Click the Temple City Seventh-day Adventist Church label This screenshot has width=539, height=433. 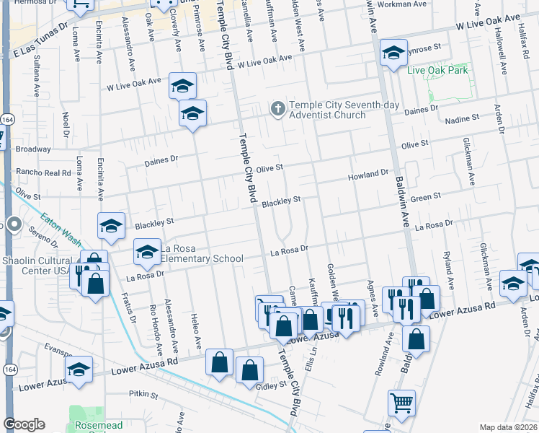tap(327, 110)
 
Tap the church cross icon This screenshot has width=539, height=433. tap(277, 109)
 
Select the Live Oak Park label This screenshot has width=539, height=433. tap(437, 70)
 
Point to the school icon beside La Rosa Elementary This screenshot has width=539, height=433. tap(147, 252)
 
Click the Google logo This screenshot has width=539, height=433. tap(24, 424)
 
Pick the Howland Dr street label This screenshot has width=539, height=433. tap(368, 175)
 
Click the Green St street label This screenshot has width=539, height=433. tap(425, 196)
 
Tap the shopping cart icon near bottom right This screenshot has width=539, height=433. tap(401, 402)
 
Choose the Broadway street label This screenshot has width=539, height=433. tap(33, 149)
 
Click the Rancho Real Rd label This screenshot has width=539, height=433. tap(42, 172)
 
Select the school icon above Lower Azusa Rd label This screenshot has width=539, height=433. tap(79, 369)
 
